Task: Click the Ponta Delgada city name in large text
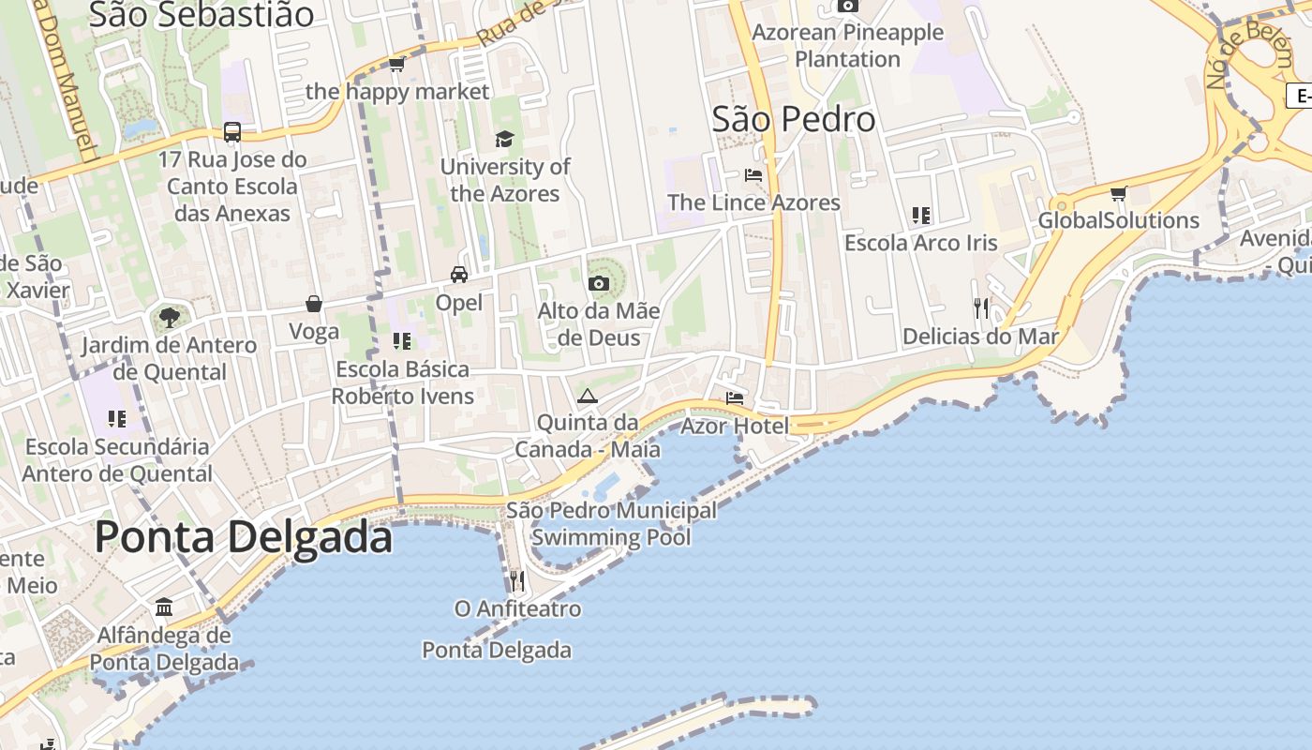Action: pyautogui.click(x=244, y=538)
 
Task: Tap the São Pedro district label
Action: pyautogui.click(x=793, y=119)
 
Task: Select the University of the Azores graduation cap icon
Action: pyautogui.click(x=504, y=140)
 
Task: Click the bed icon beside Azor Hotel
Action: pyautogui.click(x=735, y=398)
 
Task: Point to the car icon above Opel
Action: pyautogui.click(x=458, y=275)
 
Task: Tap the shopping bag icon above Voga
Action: pyautogui.click(x=314, y=304)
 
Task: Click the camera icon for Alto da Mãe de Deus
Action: pyautogui.click(x=598, y=283)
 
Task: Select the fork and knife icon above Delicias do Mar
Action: pyautogui.click(x=981, y=307)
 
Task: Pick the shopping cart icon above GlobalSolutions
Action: pyautogui.click(x=1118, y=194)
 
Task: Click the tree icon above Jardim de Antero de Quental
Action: pyautogui.click(x=169, y=318)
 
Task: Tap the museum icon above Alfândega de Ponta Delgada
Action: pyautogui.click(x=164, y=607)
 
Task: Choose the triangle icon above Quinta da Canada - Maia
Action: pyautogui.click(x=588, y=396)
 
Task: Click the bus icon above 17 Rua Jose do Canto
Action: pyautogui.click(x=232, y=132)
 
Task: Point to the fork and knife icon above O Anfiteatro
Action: pyautogui.click(x=516, y=581)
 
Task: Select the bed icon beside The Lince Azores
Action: pyautogui.click(x=753, y=174)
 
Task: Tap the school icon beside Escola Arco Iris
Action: pyautogui.click(x=920, y=216)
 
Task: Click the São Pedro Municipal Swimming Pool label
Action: pyautogui.click(x=611, y=524)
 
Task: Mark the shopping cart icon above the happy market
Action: pyautogui.click(x=396, y=65)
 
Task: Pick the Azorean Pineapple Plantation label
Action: pyautogui.click(x=847, y=45)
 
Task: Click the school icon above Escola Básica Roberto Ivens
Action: pyautogui.click(x=402, y=341)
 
